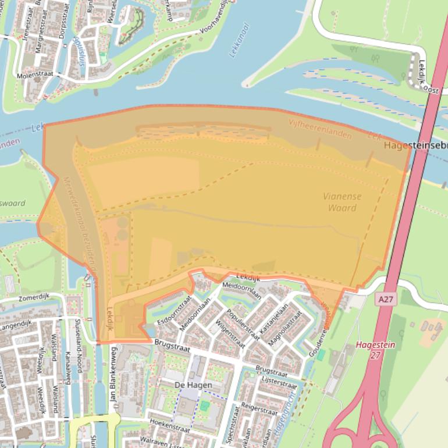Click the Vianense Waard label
[x=342, y=202]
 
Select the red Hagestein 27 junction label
[x=375, y=349]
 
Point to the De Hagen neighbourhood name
[x=193, y=385]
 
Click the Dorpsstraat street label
[x=63, y=21]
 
